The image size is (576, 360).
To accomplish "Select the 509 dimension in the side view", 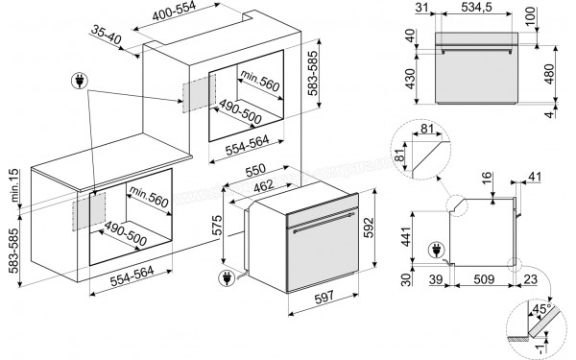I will [471, 280].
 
